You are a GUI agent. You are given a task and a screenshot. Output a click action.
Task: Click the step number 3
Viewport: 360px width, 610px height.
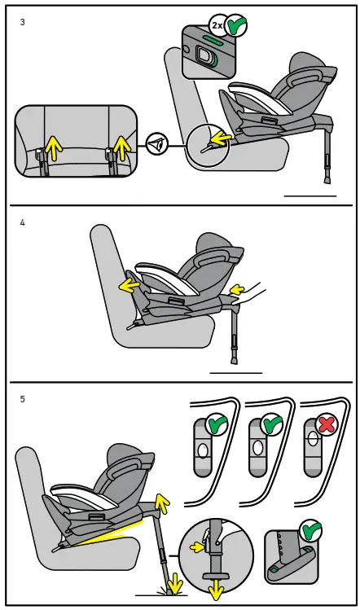(22, 23)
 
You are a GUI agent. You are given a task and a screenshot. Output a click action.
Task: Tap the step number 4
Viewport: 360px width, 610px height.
(22, 222)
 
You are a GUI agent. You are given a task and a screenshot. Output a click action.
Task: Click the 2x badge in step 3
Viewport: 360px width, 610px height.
(217, 24)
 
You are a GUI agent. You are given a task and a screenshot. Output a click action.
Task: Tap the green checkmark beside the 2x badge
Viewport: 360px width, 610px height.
(237, 24)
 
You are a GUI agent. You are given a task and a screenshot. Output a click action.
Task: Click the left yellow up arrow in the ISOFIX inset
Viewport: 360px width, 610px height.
(53, 148)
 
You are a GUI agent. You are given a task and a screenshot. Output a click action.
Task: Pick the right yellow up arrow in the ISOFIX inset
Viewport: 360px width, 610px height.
(121, 148)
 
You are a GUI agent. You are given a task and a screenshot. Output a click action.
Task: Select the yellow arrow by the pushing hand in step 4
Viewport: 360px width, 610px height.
(236, 287)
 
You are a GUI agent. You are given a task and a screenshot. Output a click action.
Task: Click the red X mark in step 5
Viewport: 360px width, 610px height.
(327, 426)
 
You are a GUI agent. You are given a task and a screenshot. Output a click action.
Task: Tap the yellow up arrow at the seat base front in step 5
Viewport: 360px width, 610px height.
(162, 503)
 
